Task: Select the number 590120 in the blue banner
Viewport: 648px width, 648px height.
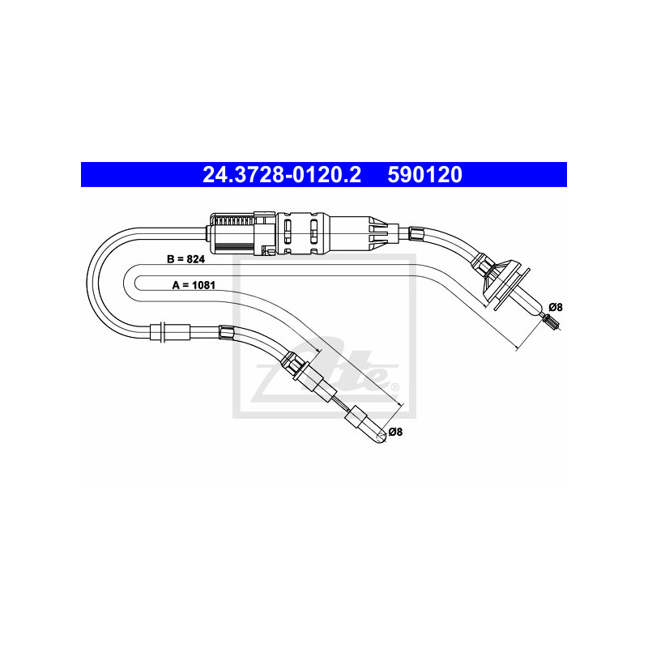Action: [x=424, y=175]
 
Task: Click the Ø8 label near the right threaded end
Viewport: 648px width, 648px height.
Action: [x=556, y=307]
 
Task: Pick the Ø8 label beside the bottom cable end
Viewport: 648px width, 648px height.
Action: [x=396, y=432]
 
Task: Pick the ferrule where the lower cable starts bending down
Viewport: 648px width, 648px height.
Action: [x=226, y=330]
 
